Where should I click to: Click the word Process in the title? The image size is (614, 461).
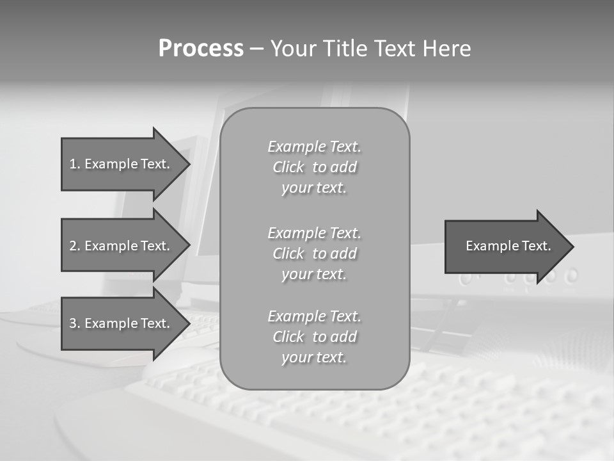click(201, 49)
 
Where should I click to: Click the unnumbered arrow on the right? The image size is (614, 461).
click(505, 247)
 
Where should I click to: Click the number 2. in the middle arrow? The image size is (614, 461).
click(74, 246)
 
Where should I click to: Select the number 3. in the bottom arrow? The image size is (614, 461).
click(74, 323)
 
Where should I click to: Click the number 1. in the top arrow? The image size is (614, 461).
click(74, 164)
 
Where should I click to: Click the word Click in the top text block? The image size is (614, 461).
click(288, 168)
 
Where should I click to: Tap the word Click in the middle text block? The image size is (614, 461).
click(288, 254)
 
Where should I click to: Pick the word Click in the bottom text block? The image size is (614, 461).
click(288, 337)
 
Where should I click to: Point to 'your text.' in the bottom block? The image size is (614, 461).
click(314, 357)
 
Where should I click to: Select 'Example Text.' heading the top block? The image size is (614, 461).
click(314, 147)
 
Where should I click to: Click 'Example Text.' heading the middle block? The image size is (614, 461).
click(314, 232)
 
